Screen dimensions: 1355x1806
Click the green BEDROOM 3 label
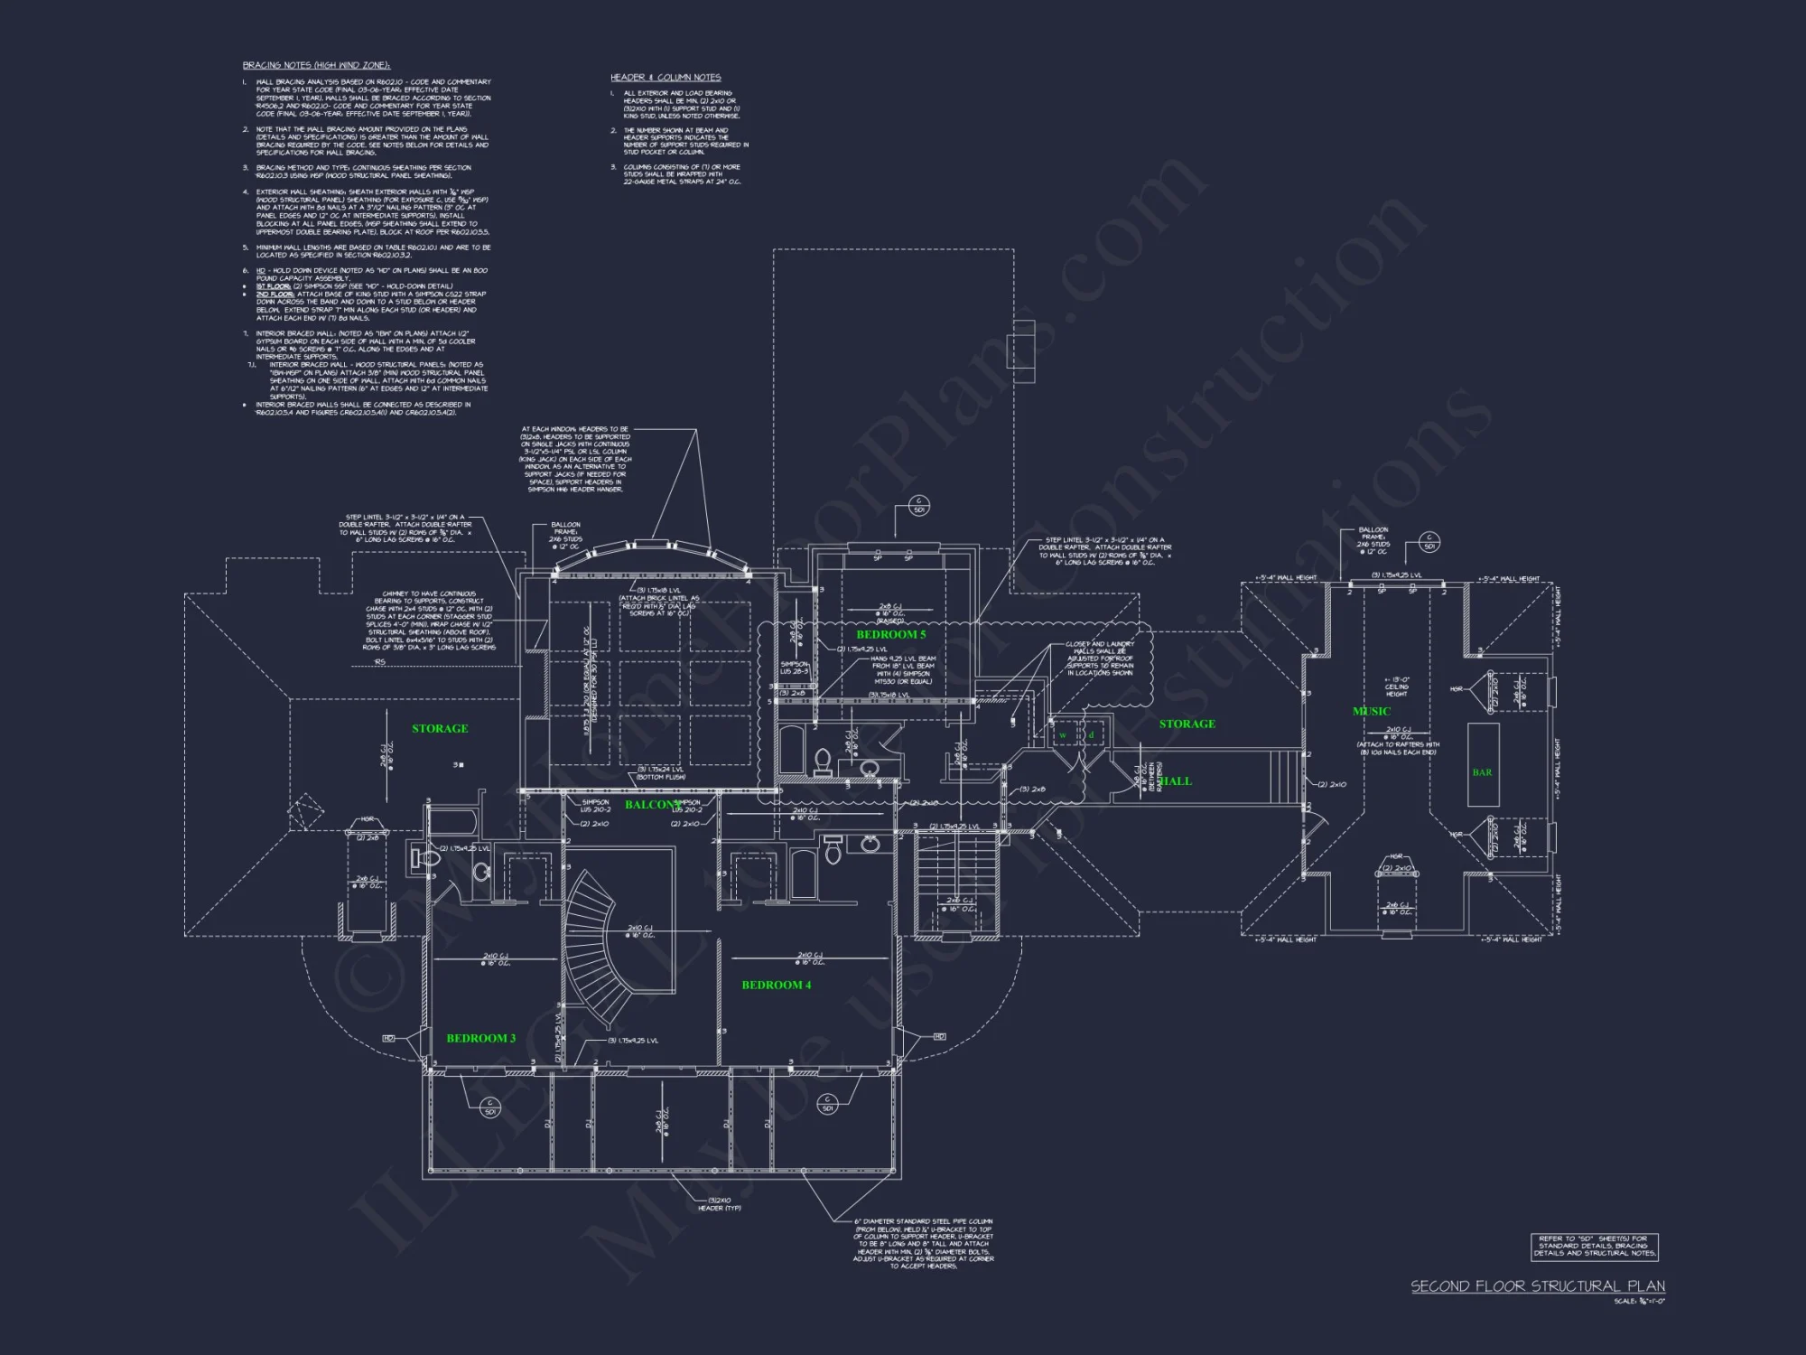coord(480,1038)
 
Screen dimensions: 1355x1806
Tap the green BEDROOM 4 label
coord(776,985)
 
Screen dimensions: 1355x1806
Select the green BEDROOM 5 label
coord(890,634)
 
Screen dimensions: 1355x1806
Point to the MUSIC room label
coord(1371,711)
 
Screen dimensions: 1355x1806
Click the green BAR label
coord(1482,772)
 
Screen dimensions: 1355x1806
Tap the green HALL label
coord(1174,780)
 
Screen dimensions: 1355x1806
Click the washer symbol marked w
coord(1063,735)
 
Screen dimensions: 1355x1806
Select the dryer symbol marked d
coord(1091,735)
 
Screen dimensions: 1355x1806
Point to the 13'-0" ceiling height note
coord(1396,687)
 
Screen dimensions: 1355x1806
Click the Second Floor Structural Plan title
coord(1537,1285)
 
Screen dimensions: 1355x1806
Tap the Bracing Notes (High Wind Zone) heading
coord(316,65)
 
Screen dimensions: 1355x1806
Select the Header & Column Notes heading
coord(666,78)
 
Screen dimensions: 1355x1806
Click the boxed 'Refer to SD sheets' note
coord(1594,1246)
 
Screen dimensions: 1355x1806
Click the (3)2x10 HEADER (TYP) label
coord(719,1203)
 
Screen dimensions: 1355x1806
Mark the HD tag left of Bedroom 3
coord(389,1038)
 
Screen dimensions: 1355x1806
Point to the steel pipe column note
coord(923,1243)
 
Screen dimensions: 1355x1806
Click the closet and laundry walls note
coord(1099,658)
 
